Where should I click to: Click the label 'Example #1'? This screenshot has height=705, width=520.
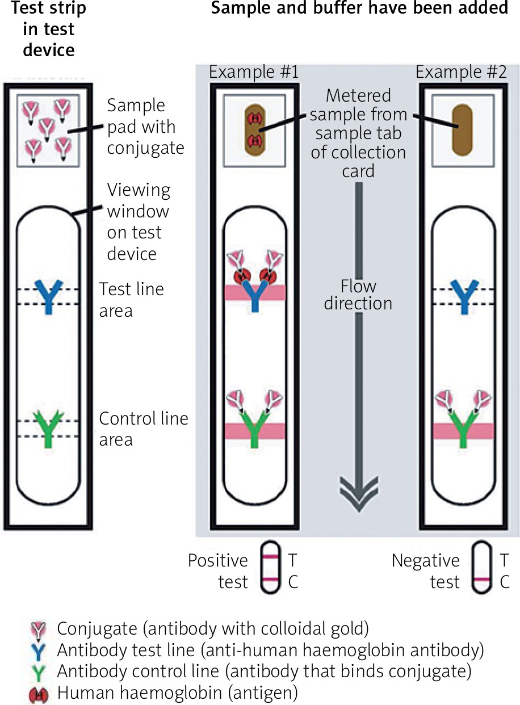(x=254, y=73)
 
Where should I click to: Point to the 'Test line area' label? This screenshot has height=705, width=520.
(x=131, y=300)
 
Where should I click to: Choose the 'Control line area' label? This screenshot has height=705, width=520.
(x=143, y=429)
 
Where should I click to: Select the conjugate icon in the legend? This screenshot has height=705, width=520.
(x=39, y=629)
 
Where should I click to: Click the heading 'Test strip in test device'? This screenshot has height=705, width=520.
(x=49, y=30)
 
